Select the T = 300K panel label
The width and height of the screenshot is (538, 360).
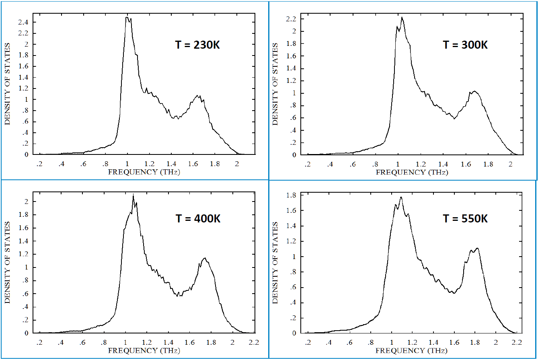465,45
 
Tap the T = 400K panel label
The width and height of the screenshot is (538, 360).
198,219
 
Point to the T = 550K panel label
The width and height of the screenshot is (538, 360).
465,219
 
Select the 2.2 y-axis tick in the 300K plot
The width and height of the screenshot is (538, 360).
292,19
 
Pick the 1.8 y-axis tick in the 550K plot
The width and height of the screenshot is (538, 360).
292,195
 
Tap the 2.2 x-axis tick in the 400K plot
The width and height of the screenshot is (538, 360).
254,343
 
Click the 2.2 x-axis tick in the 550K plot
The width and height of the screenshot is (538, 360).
517,343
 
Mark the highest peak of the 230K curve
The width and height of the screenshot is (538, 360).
127,17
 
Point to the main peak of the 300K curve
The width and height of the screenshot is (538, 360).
402,17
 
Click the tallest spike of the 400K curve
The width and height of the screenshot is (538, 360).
133,195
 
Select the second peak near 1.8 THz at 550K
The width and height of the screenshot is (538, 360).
477,248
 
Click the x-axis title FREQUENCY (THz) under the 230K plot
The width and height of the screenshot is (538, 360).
143,172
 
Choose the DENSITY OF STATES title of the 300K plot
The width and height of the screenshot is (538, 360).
275,84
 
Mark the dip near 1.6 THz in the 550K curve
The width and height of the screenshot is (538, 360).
454,293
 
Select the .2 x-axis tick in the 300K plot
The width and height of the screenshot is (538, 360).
308,164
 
